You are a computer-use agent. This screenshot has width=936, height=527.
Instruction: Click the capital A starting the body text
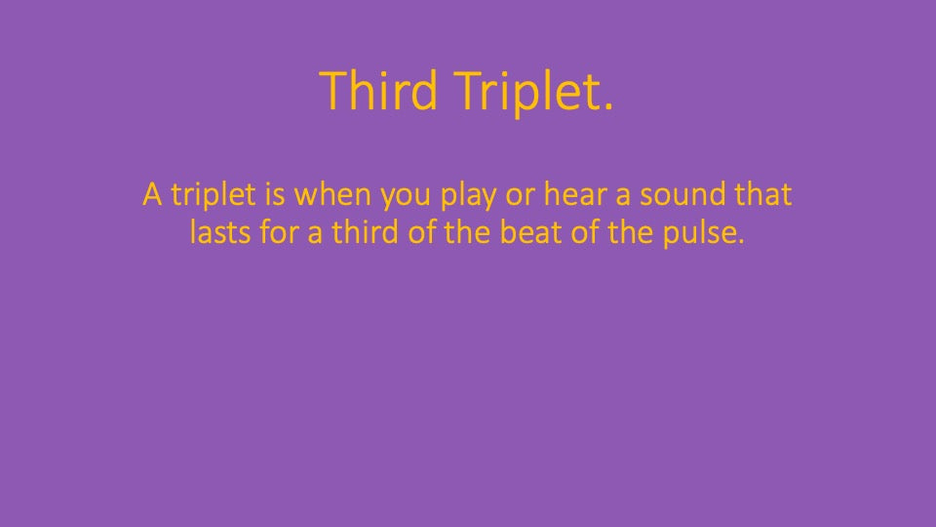click(x=152, y=194)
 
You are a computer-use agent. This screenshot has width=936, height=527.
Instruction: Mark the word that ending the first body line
click(x=764, y=194)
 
